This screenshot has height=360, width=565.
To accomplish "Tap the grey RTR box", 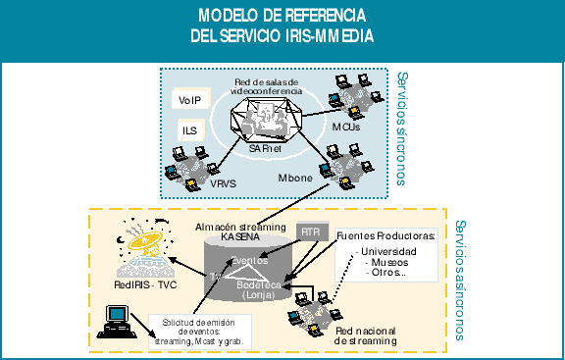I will (x=310, y=232).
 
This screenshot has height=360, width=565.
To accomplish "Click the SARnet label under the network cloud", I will (x=268, y=148).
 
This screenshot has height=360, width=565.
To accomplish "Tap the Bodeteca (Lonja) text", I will (x=258, y=287).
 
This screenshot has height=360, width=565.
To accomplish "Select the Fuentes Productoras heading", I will (x=385, y=236).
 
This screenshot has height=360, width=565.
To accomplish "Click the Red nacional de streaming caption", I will (x=366, y=336).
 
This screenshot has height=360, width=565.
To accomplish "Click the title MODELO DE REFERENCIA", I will (x=282, y=17).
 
